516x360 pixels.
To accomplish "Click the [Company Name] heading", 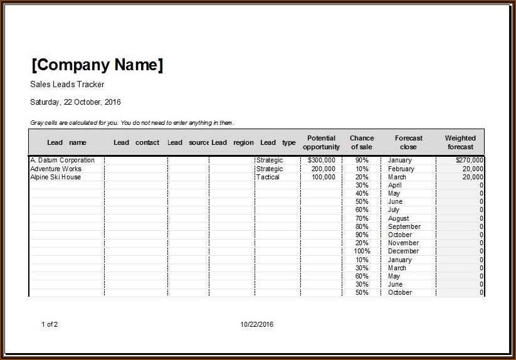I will pyautogui.click(x=97, y=65).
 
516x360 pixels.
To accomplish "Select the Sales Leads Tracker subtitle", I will pyautogui.click(x=67, y=85).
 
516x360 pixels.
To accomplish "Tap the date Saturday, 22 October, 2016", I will pyautogui.click(x=75, y=102).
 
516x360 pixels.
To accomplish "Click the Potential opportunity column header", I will pyautogui.click(x=321, y=142).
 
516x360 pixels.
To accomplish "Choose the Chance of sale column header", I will pyautogui.click(x=362, y=142).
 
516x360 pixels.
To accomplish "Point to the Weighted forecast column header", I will pyautogui.click(x=460, y=142).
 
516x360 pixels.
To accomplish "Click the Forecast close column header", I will pyautogui.click(x=408, y=142).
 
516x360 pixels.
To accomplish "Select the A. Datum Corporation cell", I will pyautogui.click(x=62, y=161).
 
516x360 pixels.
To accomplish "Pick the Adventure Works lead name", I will pyautogui.click(x=56, y=169).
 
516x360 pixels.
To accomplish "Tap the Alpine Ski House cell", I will pyautogui.click(x=55, y=177).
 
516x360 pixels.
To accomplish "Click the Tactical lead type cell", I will pyautogui.click(x=269, y=177).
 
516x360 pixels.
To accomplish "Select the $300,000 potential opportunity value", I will pyautogui.click(x=322, y=161).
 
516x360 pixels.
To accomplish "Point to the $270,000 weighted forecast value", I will pyautogui.click(x=470, y=161).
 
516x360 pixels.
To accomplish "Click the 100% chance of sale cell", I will pyautogui.click(x=362, y=251).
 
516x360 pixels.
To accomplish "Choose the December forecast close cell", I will pyautogui.click(x=403, y=251).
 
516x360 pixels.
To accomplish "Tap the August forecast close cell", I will pyautogui.click(x=399, y=218).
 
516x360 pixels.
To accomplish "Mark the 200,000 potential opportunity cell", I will pyautogui.click(x=323, y=169).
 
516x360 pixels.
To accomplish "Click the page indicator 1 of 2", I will pyautogui.click(x=50, y=324).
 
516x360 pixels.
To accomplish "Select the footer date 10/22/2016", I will pyautogui.click(x=257, y=324).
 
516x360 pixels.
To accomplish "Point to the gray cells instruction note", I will pyautogui.click(x=132, y=123).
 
